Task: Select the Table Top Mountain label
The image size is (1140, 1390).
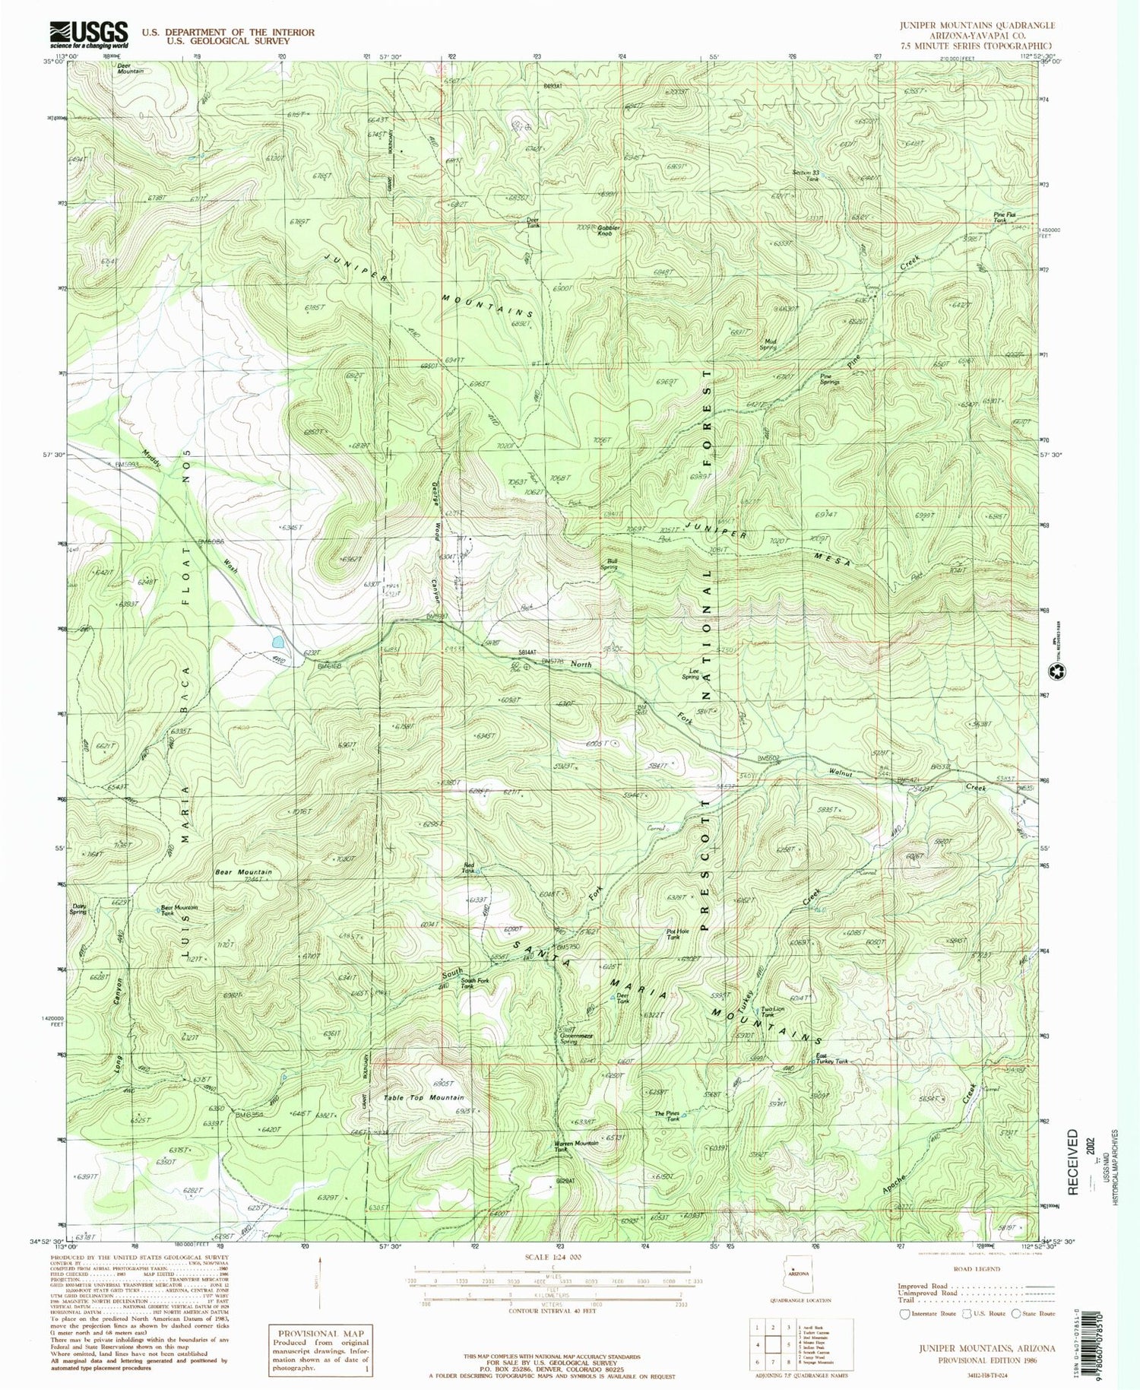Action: point(423,1098)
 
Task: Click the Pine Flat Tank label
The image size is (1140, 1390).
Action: point(1005,217)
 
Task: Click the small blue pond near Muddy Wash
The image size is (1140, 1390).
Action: point(272,641)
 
